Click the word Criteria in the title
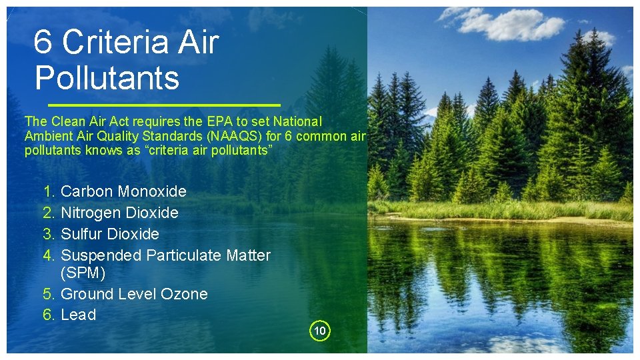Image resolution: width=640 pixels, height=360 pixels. (x=114, y=43)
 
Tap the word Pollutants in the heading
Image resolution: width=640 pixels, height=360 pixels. (x=107, y=77)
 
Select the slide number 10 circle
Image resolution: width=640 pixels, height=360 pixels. (x=320, y=331)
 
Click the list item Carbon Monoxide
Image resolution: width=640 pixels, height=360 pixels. (x=123, y=191)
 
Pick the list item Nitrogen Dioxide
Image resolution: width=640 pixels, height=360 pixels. (x=119, y=213)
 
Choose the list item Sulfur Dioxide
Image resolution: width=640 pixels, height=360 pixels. (x=110, y=234)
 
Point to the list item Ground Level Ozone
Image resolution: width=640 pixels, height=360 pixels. (x=134, y=294)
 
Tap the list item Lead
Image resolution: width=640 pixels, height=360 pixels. (x=78, y=315)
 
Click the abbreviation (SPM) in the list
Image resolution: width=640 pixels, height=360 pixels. (x=83, y=273)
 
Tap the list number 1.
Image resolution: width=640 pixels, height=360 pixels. (x=49, y=191)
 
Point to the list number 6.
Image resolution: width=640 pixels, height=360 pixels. (x=49, y=315)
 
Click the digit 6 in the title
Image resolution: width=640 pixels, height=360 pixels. (x=43, y=43)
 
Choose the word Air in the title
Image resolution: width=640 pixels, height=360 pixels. (x=197, y=43)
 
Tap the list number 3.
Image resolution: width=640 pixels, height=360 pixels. (x=49, y=234)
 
